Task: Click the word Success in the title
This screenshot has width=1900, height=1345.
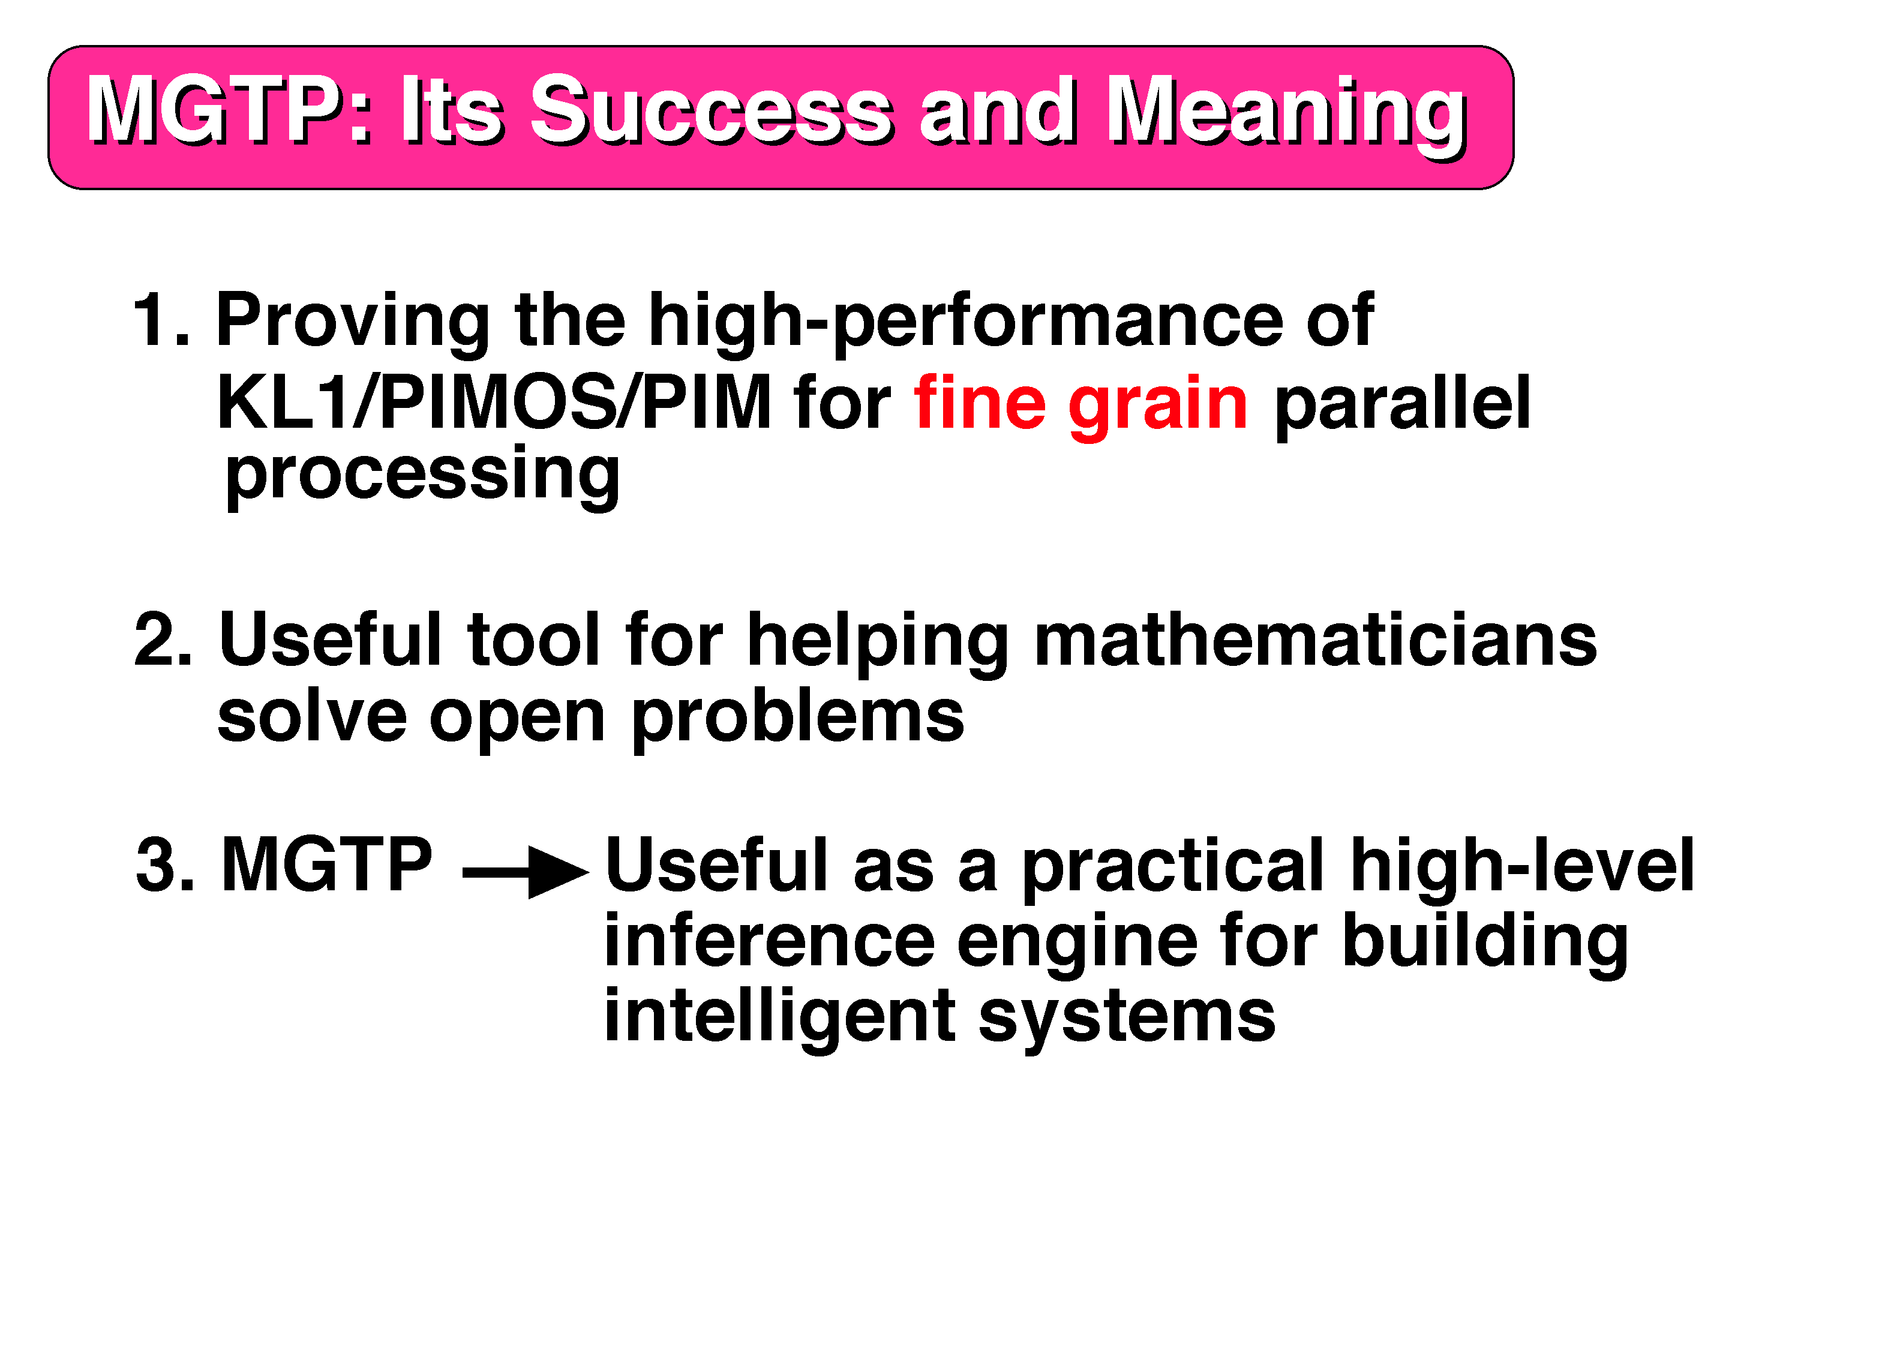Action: (712, 110)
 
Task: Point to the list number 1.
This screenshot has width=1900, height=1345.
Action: (160, 320)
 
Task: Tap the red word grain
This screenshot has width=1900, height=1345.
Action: (1158, 407)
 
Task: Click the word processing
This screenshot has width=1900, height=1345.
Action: (422, 477)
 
